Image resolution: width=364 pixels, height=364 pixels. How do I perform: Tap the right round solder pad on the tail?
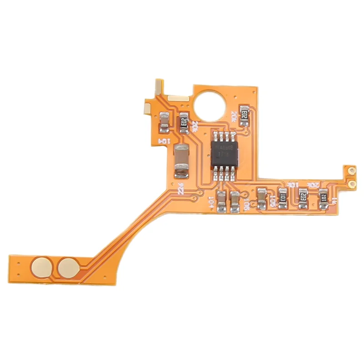(68, 267)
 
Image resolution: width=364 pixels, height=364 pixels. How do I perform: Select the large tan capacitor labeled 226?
(181, 160)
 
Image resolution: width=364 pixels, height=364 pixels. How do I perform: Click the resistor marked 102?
(324, 199)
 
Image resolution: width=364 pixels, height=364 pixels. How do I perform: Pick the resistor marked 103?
(283, 199)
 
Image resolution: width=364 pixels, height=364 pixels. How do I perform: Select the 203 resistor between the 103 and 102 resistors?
(302, 199)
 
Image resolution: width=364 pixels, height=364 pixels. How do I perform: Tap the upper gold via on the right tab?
(352, 170)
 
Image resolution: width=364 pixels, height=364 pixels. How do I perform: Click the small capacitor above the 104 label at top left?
(164, 122)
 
